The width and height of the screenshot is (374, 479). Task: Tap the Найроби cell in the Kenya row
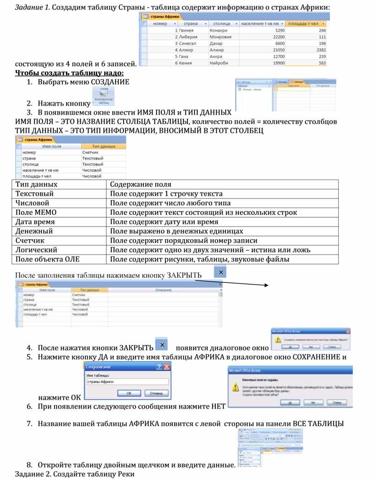[219, 63]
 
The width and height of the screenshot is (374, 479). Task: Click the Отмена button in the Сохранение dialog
[156, 393]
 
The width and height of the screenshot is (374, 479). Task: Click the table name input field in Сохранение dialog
[127, 381]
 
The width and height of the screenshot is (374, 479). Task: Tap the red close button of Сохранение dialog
[167, 367]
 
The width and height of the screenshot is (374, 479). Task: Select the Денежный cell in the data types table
[34, 231]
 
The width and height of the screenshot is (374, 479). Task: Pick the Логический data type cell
[37, 250]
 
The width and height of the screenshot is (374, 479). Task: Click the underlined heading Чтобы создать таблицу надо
[69, 73]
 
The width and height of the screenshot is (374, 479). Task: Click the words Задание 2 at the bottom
[33, 474]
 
